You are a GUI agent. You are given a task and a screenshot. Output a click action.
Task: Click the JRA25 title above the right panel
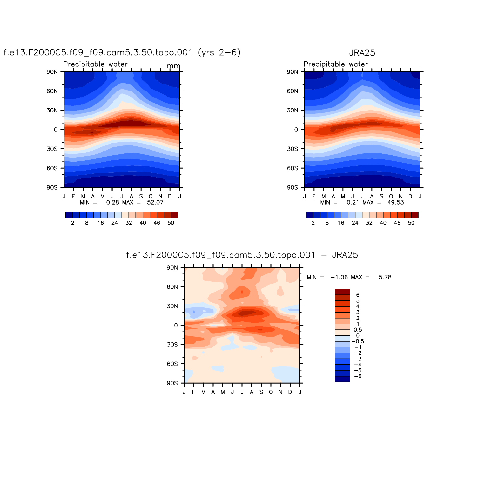362,53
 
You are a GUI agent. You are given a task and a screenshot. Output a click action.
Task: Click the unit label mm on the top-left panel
173,66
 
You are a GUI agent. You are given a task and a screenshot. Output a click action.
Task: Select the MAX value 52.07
155,202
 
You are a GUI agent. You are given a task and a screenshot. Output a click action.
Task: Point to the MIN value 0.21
353,202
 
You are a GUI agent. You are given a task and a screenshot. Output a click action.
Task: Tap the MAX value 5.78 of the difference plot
385,277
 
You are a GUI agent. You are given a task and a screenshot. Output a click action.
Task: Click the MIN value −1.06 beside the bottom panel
339,277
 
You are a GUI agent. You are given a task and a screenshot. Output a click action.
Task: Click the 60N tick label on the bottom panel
172,287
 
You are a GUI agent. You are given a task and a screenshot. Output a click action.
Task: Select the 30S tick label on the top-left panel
52,149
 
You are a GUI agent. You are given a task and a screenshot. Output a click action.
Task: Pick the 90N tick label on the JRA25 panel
292,72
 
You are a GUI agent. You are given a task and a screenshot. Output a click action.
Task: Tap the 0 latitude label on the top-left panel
56,130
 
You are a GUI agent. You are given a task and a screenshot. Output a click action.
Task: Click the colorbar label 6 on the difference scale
358,295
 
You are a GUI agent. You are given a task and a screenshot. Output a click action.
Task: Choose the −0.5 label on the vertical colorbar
358,341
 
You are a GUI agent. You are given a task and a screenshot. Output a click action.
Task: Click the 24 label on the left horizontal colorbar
115,223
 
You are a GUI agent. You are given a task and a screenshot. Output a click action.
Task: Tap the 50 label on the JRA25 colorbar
411,223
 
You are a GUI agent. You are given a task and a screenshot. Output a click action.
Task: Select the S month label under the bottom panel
261,392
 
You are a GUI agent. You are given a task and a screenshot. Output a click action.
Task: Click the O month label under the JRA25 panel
391,197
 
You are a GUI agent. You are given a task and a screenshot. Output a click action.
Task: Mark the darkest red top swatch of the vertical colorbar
342,292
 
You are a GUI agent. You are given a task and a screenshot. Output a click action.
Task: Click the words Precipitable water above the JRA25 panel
335,64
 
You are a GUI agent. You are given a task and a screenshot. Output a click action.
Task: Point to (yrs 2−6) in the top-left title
219,52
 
